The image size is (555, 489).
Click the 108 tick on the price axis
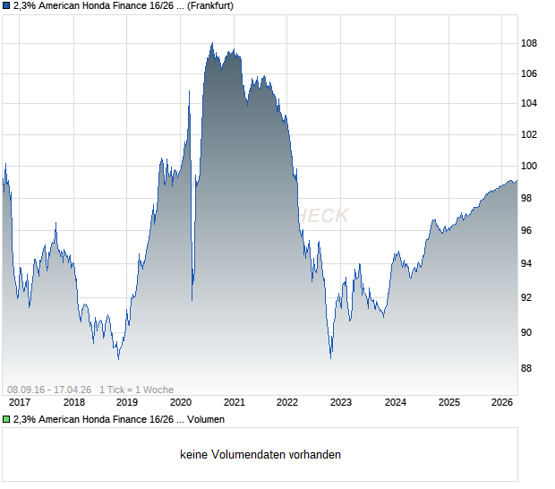(530, 43)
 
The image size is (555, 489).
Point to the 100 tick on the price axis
(530, 167)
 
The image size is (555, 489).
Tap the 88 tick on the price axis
(529, 368)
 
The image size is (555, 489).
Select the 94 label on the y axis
(529, 263)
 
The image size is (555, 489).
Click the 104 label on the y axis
(530, 104)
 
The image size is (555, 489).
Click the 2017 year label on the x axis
(20, 402)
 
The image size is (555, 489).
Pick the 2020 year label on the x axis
(181, 402)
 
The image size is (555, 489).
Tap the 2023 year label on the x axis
(341, 402)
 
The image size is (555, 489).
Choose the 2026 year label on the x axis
(501, 402)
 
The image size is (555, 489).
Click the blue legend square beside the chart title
(6, 6)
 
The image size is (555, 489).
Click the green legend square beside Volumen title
(6, 419)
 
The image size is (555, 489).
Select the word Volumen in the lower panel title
(206, 419)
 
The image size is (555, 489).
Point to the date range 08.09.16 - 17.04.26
(49, 390)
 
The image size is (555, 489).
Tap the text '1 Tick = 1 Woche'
(136, 390)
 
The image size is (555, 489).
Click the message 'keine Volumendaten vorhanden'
(260, 454)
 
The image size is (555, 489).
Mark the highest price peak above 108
(212, 43)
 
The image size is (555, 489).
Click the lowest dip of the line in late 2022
(330, 357)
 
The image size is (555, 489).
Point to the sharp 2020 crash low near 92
(192, 299)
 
